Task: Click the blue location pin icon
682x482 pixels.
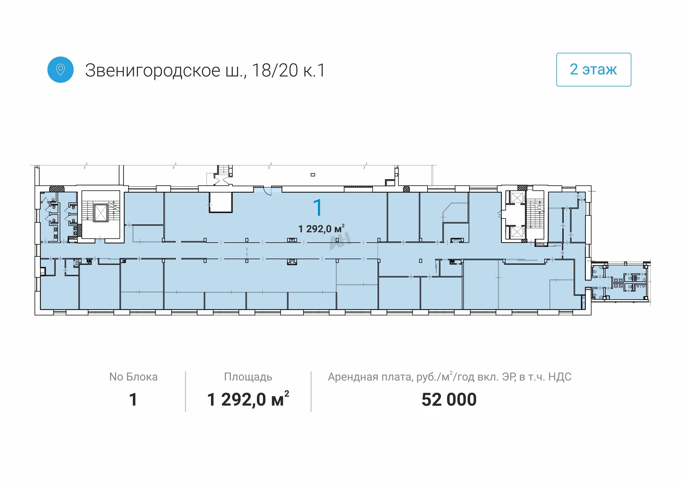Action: (60, 70)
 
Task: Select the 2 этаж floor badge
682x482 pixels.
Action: (594, 70)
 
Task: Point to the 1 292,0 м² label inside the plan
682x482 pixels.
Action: (321, 229)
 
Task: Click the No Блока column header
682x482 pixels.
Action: (133, 377)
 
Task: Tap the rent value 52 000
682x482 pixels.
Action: (449, 399)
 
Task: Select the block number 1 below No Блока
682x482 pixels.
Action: (133, 399)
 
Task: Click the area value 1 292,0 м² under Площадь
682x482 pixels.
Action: (248, 399)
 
